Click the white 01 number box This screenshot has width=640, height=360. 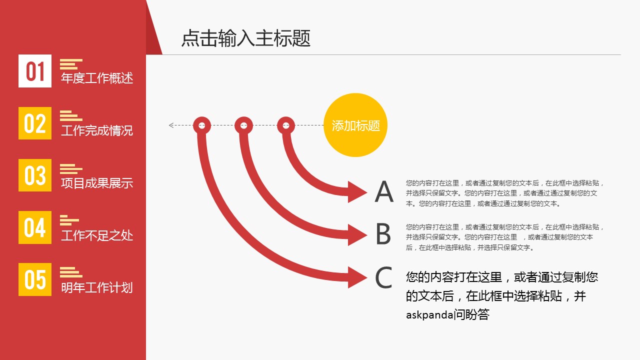(35, 71)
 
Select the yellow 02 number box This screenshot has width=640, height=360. (35, 123)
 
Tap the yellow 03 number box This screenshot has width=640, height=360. (35, 175)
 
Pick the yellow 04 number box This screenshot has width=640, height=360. (35, 227)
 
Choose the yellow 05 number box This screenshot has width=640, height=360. (35, 279)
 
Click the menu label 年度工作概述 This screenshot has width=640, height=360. (97, 78)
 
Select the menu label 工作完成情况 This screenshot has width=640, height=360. (97, 130)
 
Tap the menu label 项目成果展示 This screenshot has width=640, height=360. (97, 183)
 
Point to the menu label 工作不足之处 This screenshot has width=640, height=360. (97, 235)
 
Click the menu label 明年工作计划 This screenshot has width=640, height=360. (97, 287)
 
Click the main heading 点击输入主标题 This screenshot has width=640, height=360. (245, 38)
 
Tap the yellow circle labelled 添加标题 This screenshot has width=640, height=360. (355, 125)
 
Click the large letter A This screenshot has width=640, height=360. (383, 191)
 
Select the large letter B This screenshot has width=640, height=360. (383, 233)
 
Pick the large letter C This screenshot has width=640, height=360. (383, 277)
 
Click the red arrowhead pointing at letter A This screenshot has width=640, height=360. (356, 192)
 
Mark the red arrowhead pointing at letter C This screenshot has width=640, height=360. (356, 277)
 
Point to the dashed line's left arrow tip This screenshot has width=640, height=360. (169, 125)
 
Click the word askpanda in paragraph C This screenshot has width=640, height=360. (429, 315)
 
